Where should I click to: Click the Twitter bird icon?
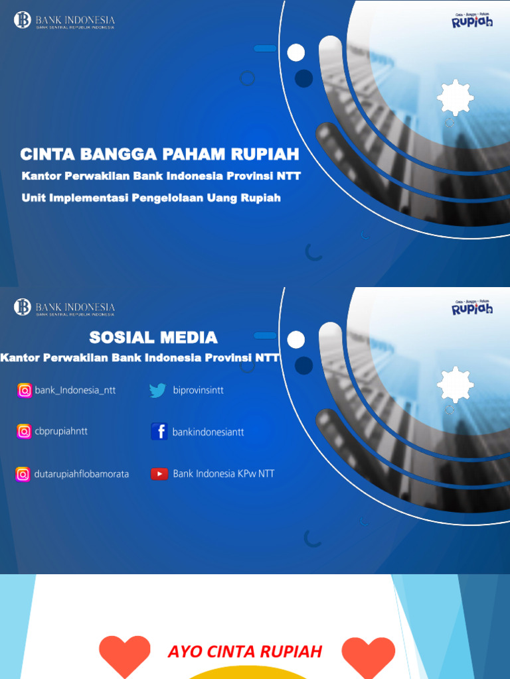point(157,391)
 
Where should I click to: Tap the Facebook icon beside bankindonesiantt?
point(159,432)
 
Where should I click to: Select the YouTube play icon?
point(159,473)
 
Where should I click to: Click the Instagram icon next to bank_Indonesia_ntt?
point(25,391)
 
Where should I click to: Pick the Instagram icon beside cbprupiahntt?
point(24,432)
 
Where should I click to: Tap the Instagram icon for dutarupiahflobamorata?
point(23,474)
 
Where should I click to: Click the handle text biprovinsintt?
point(198,391)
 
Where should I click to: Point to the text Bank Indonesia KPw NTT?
point(223,473)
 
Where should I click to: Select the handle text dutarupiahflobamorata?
point(82,474)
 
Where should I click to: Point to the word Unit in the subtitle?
point(33,198)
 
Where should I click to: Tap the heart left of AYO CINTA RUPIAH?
point(125,655)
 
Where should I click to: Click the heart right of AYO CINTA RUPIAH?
point(368,655)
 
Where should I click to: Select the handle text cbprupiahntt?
point(61,431)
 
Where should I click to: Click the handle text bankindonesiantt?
point(208,432)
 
